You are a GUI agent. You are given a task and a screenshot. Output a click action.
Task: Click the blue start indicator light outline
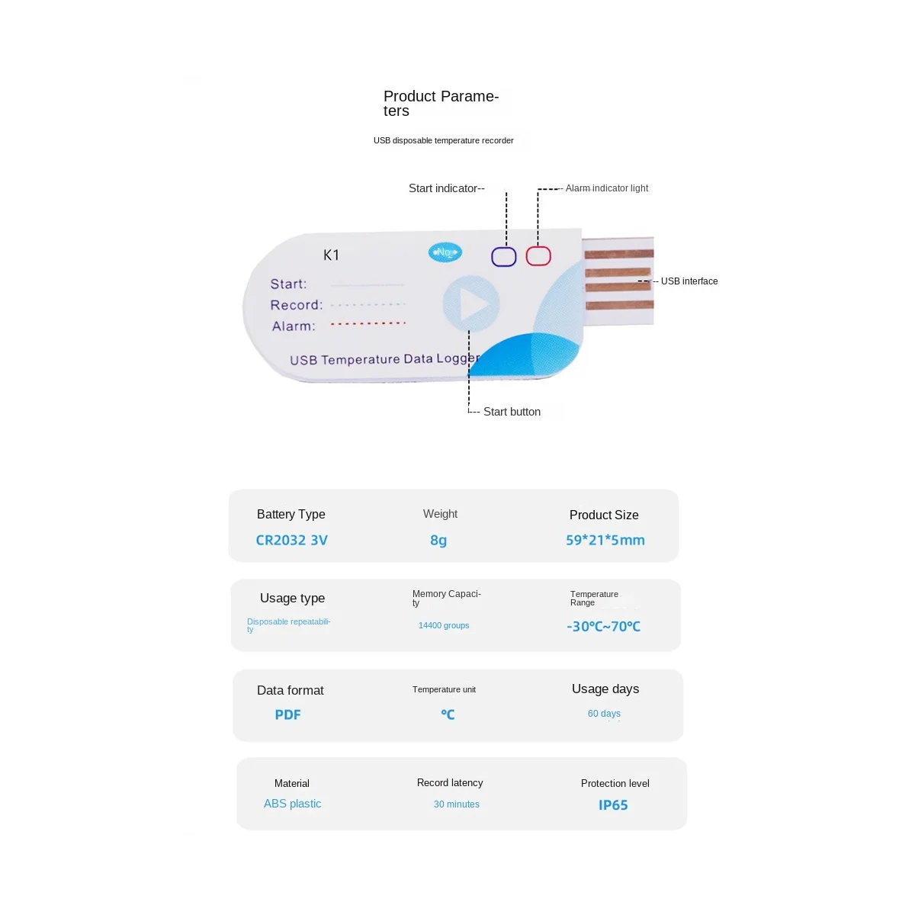click(503, 257)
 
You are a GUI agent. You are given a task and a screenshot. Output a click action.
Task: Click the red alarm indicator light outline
click(538, 256)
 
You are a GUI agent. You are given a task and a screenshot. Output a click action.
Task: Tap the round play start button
click(471, 304)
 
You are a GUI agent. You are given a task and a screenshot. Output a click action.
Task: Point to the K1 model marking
click(331, 255)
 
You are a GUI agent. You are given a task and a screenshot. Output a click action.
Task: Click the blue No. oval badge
click(445, 252)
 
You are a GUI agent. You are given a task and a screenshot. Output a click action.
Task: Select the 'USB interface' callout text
click(689, 281)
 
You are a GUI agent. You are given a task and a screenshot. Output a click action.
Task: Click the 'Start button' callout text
click(512, 412)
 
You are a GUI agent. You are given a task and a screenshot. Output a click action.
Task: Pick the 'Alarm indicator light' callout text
click(606, 188)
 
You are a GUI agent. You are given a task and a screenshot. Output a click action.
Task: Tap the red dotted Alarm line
click(368, 324)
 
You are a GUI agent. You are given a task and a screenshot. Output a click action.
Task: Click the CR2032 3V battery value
click(291, 540)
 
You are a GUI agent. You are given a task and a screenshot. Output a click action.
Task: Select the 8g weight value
click(438, 540)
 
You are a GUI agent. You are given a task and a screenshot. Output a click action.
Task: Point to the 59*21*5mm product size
click(605, 540)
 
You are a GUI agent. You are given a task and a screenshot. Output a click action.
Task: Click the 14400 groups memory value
click(444, 625)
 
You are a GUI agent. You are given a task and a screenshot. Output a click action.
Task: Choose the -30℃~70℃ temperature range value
click(603, 626)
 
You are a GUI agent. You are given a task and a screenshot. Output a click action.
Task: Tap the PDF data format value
click(287, 714)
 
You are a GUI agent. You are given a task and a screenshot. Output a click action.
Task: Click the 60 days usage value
click(604, 714)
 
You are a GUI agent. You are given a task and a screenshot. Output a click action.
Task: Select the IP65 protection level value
click(613, 805)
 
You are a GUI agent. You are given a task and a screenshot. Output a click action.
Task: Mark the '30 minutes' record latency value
click(456, 804)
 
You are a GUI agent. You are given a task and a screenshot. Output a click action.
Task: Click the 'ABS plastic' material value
click(292, 804)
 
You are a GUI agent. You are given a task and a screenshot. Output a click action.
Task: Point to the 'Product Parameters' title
click(441, 103)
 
